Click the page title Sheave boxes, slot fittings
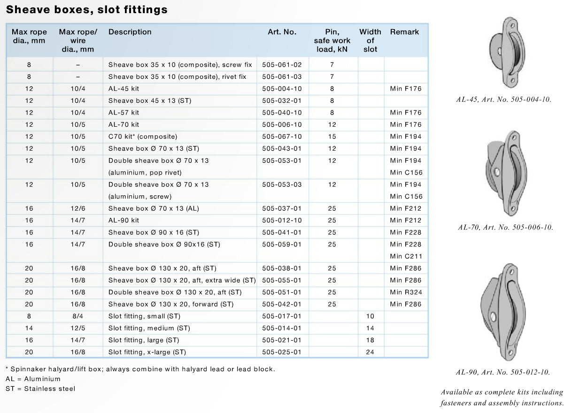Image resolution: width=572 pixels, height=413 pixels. pos(87,10)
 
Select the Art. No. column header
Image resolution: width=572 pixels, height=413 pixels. pos(282,32)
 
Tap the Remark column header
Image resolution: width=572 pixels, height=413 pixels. pos(404,32)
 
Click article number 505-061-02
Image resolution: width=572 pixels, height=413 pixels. pos(282,65)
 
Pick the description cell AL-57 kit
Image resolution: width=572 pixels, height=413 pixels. pos(124,113)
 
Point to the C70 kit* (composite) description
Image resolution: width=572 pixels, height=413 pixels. pos(143,137)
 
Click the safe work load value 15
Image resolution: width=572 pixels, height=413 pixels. pos(332,137)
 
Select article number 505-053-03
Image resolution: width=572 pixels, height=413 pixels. pos(282,184)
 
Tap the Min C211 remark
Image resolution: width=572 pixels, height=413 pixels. pos(406,256)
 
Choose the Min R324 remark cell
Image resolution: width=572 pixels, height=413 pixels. pos(406,292)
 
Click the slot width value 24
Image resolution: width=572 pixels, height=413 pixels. pos(370,352)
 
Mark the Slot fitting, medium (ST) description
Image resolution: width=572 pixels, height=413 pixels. pos(149,328)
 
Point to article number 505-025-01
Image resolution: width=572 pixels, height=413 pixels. pos(282,352)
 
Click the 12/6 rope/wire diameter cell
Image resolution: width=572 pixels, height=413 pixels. pos(78,208)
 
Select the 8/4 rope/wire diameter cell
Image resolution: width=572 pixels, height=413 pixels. pos(78,316)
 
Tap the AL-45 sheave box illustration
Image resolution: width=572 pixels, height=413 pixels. pos(507,52)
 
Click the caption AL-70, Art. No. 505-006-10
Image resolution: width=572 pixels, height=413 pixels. pos(506,227)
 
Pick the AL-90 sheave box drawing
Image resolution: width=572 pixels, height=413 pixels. pos(503,312)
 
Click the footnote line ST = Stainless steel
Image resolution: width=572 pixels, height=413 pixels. pos(40,389)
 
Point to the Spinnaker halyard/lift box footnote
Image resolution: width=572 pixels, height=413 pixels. pos(140,369)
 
